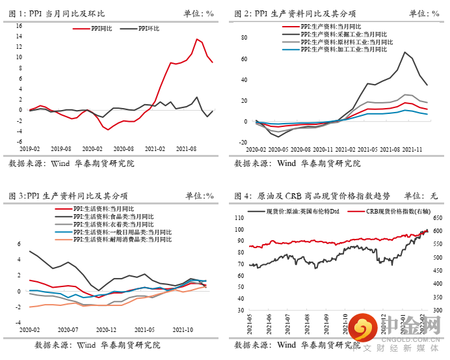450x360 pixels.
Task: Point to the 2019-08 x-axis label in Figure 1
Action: coord(65,148)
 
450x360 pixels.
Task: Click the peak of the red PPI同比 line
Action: coord(197,39)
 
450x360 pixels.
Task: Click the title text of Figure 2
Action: coord(295,13)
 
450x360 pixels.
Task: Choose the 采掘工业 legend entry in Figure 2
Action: coord(337,33)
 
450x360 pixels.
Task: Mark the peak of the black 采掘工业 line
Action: coord(405,52)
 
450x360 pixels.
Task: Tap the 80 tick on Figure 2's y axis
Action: coord(245,37)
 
